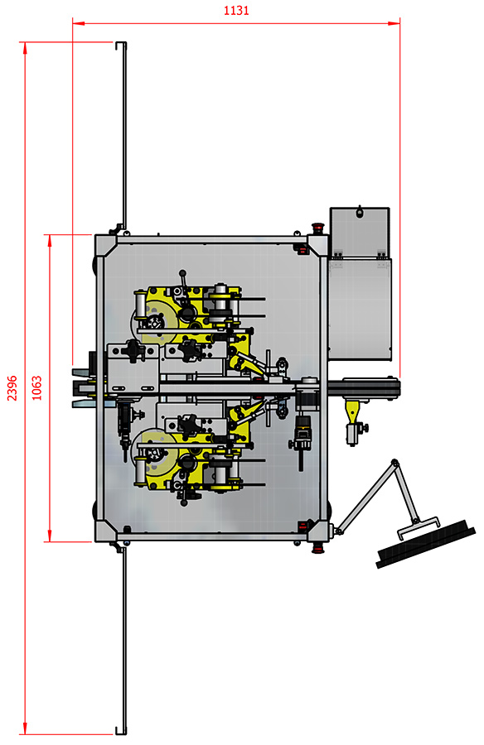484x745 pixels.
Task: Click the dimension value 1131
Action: pos(236,11)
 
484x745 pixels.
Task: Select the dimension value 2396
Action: pos(12,387)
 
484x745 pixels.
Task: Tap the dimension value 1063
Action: pos(36,387)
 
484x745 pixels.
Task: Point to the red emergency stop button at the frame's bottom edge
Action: pos(317,548)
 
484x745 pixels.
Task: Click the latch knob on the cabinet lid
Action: pos(360,211)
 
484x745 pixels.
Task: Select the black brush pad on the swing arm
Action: pos(425,544)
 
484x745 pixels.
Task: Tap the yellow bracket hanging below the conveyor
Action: pos(352,411)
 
